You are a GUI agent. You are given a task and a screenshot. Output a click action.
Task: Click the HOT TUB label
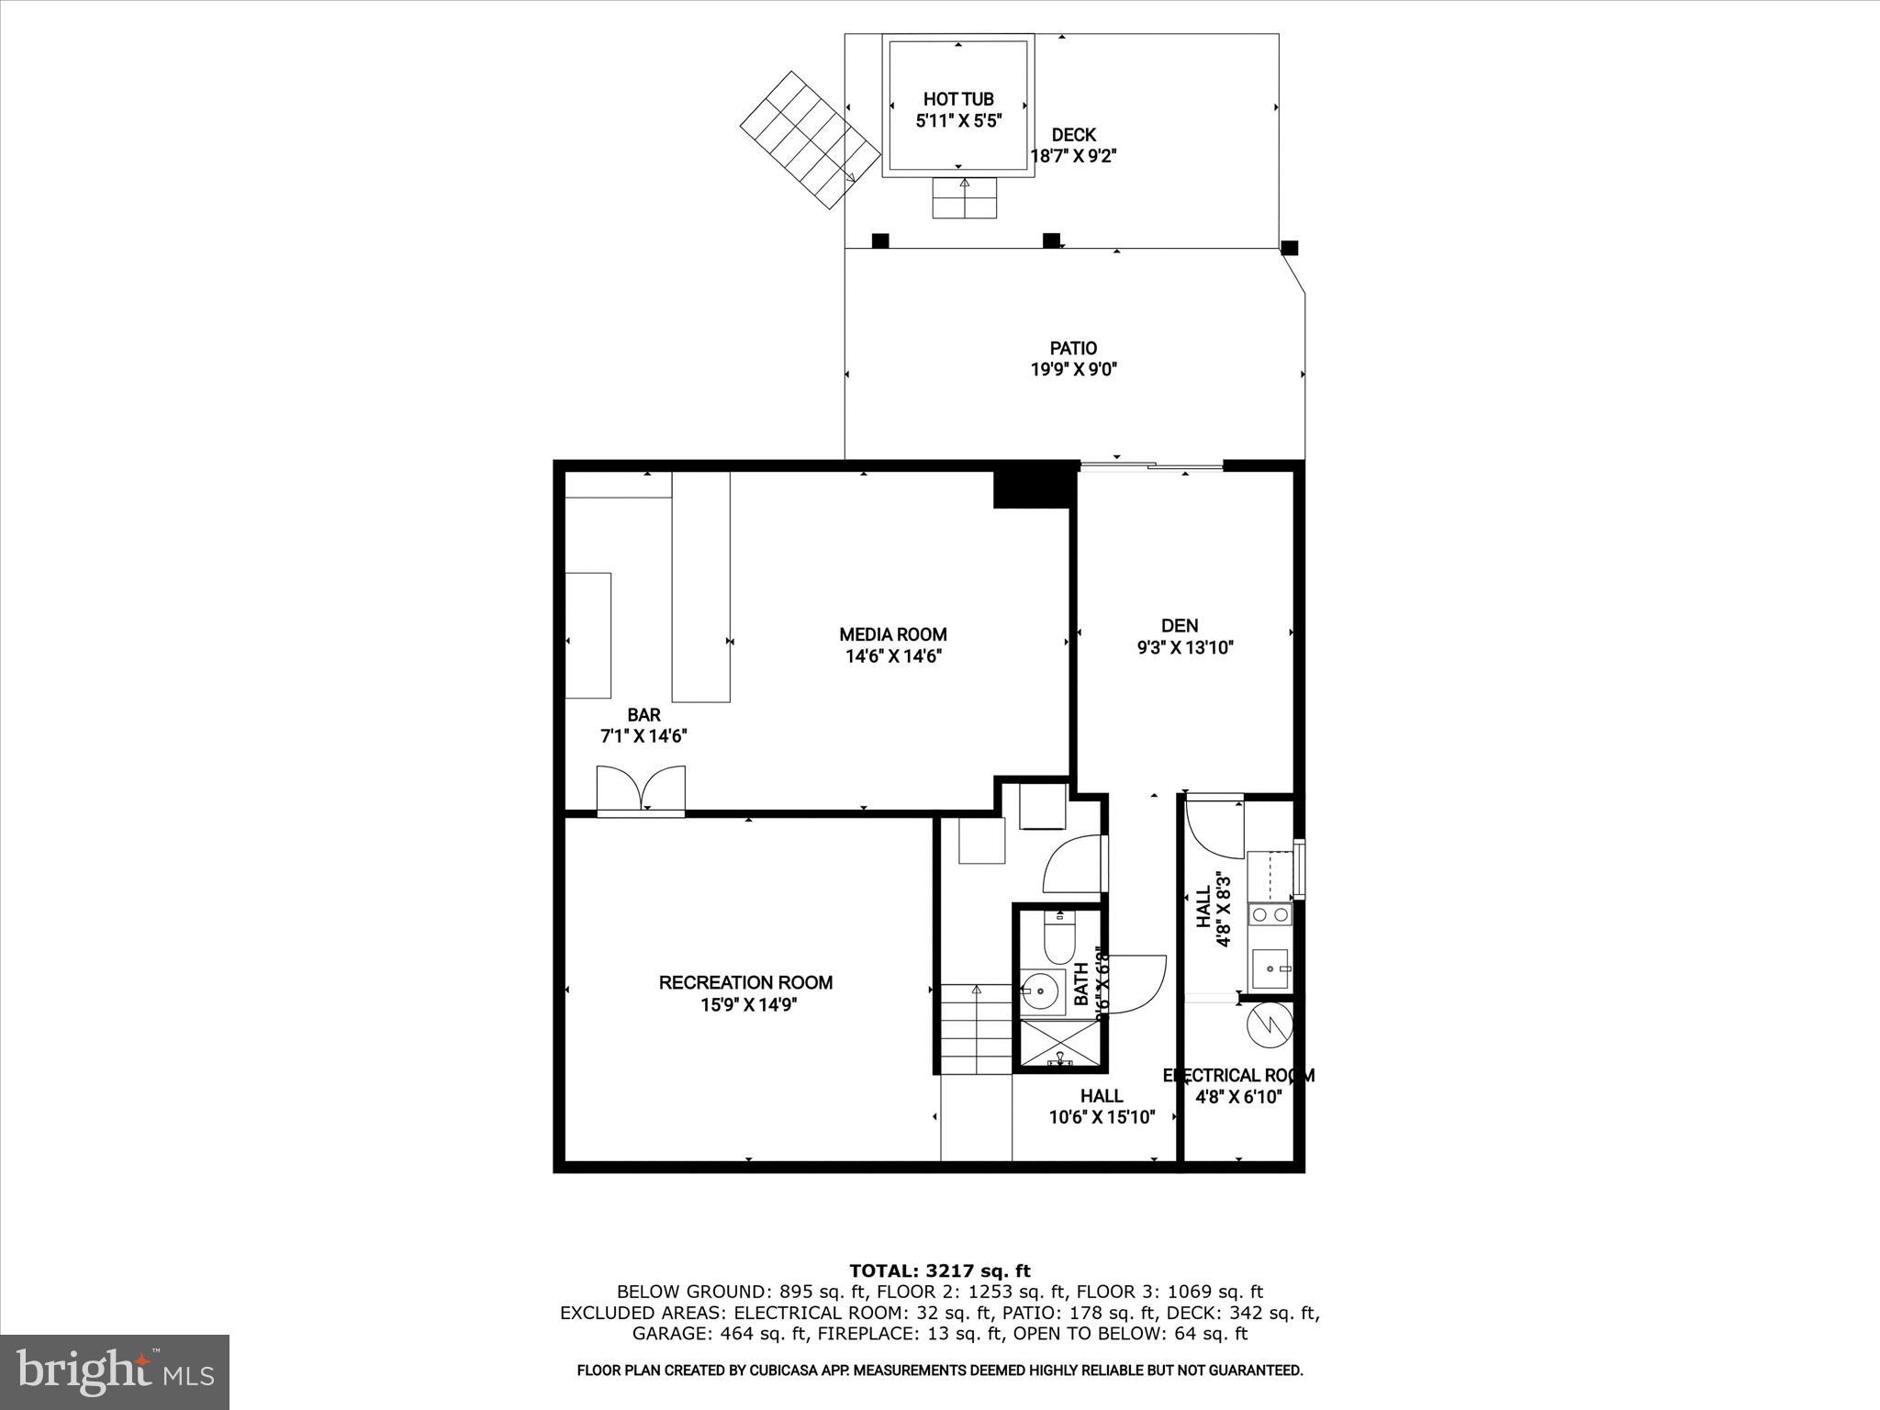click(958, 98)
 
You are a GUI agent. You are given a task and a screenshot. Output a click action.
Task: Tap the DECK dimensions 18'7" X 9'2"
click(1073, 157)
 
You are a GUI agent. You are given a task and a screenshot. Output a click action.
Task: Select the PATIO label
click(1073, 348)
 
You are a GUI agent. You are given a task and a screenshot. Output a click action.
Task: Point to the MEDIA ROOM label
click(892, 634)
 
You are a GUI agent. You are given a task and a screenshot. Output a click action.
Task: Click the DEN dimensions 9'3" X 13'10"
click(1184, 648)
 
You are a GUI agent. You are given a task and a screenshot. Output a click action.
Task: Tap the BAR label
click(643, 715)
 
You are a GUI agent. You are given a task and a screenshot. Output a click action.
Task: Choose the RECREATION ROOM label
click(745, 982)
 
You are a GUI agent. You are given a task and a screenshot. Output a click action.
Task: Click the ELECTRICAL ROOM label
click(1238, 1075)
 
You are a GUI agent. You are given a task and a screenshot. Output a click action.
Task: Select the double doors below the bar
click(641, 789)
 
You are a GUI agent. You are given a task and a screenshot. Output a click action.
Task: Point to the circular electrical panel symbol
click(1269, 1025)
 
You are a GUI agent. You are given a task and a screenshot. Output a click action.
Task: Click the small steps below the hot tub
click(964, 198)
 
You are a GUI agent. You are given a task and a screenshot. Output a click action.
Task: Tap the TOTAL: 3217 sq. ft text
click(939, 1271)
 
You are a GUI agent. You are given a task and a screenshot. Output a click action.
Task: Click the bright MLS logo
click(115, 1371)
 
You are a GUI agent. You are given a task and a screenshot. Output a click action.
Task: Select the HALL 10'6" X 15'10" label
click(1101, 1106)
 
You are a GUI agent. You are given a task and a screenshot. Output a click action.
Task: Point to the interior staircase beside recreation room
click(975, 1029)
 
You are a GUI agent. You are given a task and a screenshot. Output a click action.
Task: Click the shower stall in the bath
click(1059, 1046)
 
